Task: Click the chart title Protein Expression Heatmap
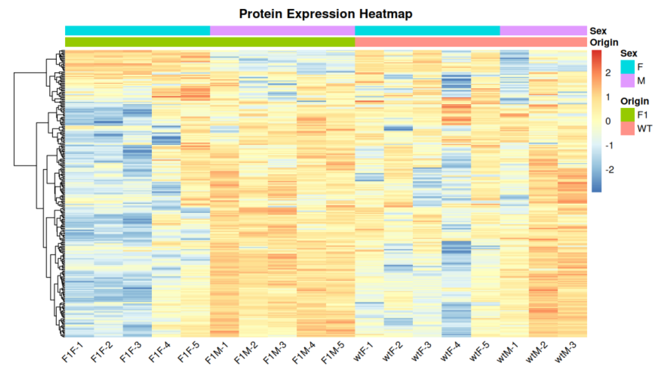point(325,14)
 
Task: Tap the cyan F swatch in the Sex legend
point(627,67)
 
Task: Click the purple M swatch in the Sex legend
point(627,81)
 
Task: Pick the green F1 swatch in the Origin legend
point(627,115)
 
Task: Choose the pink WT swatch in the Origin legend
point(627,128)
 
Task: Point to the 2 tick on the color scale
point(608,73)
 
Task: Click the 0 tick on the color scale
point(608,121)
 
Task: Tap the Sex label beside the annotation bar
point(598,31)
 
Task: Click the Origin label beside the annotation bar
point(604,42)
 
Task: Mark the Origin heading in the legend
point(635,102)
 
